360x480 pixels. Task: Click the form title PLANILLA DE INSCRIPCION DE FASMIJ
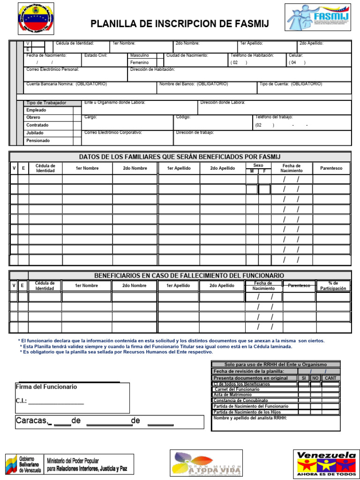click(180, 24)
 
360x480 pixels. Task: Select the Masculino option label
click(140, 55)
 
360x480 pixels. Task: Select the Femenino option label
click(140, 62)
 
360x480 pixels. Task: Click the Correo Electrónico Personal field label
click(52, 69)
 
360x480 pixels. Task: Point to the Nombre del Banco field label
click(194, 84)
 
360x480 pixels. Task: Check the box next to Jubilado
click(77, 133)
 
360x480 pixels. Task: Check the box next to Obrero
click(77, 117)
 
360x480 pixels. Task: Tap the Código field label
click(183, 117)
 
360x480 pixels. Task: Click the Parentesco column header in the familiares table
click(331, 168)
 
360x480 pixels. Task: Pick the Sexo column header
click(258, 165)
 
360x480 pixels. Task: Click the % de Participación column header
click(333, 285)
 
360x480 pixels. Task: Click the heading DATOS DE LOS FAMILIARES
click(180, 157)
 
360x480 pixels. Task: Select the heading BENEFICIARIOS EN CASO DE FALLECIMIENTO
click(189, 275)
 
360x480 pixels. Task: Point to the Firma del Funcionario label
click(46, 387)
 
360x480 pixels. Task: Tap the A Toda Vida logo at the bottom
click(206, 463)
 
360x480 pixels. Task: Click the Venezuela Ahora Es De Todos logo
click(327, 464)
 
